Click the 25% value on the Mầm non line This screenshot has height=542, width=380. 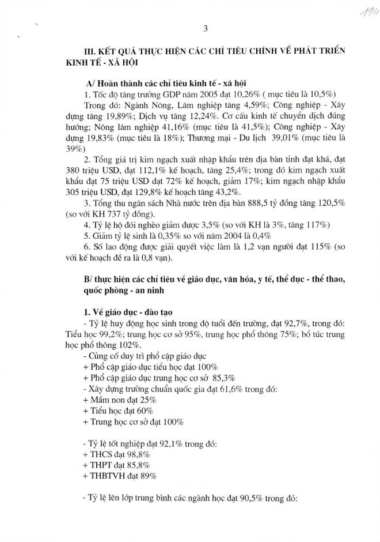click(x=146, y=399)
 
